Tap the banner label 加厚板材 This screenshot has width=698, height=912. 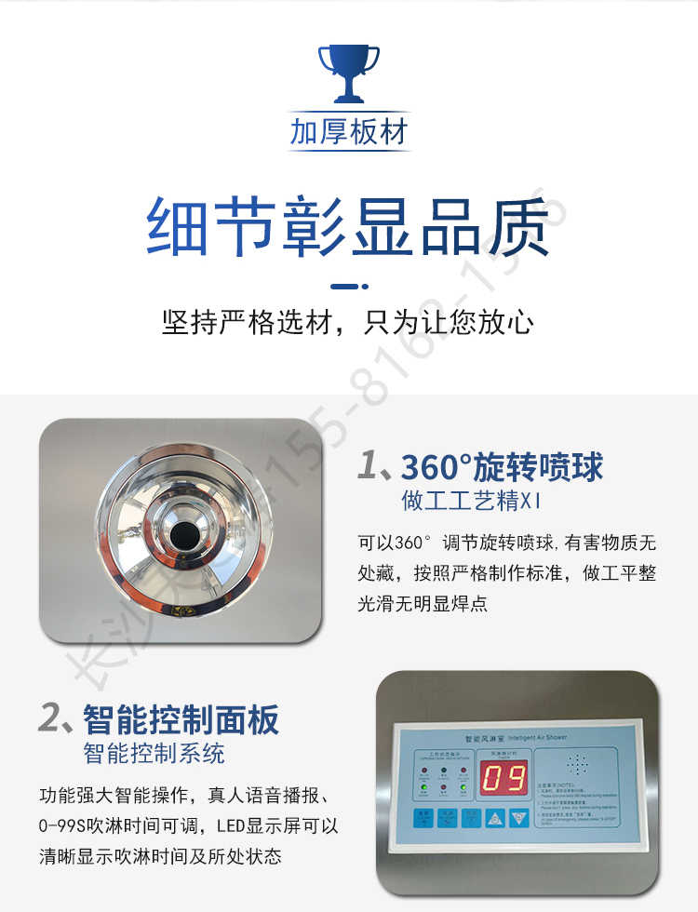tap(349, 133)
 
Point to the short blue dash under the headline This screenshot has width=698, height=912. tap(349, 286)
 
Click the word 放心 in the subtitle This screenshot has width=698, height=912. tap(510, 323)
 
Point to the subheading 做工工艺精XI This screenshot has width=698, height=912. tap(471, 502)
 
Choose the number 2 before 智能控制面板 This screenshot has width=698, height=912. tap(50, 719)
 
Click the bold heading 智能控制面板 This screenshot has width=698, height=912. tap(181, 719)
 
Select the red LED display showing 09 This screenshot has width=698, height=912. tap(503, 777)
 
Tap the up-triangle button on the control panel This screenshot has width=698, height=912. tap(496, 818)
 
